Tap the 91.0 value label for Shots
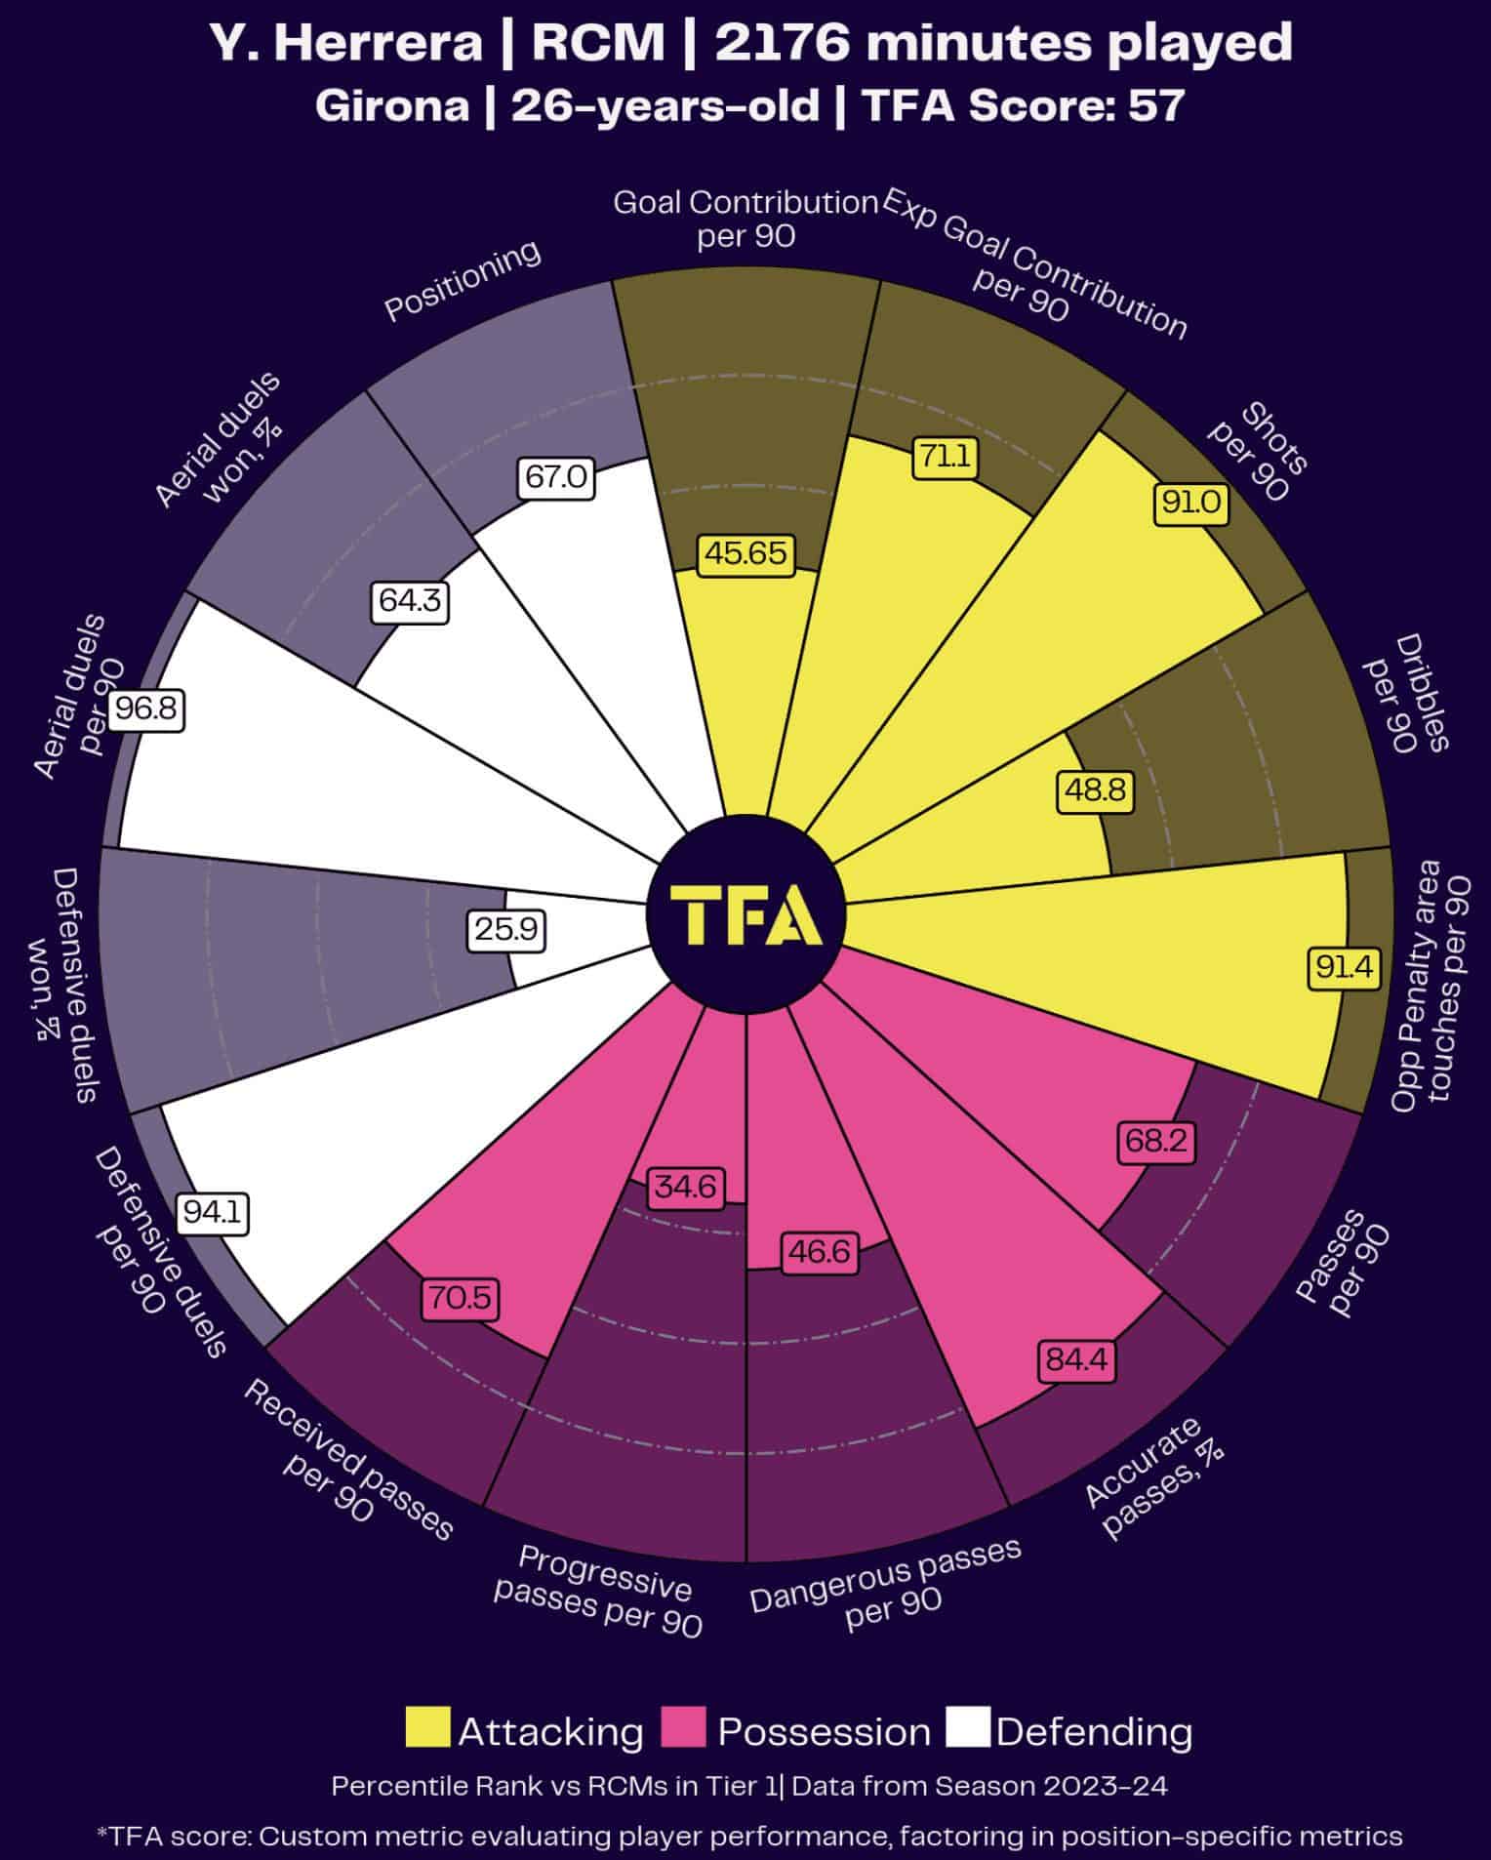point(1190,503)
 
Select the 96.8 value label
point(146,708)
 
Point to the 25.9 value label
point(505,929)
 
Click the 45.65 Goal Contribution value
point(746,553)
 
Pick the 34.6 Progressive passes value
point(685,1187)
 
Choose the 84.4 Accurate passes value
point(1077,1359)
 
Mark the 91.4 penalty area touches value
point(1344,967)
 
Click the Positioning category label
point(462,280)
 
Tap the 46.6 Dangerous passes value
point(820,1251)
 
